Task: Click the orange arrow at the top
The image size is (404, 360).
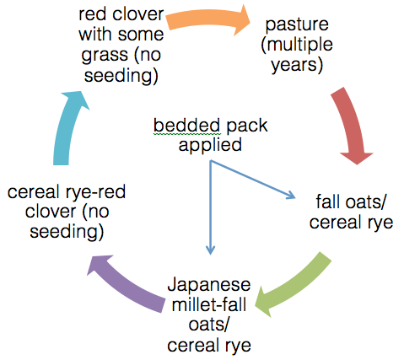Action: tap(208, 20)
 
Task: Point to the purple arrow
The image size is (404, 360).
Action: tap(127, 284)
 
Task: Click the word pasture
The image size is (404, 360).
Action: tap(297, 24)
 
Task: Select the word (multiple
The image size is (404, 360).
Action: tap(297, 45)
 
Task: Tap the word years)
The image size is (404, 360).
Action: tap(297, 65)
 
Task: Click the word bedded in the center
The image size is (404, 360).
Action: tap(186, 126)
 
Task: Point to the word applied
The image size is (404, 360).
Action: tap(210, 146)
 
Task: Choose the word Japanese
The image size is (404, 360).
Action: tap(209, 285)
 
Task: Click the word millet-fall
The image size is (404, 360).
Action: tap(209, 304)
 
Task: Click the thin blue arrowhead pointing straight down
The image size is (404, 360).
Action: tap(210, 250)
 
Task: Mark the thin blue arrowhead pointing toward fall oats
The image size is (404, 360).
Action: tap(290, 195)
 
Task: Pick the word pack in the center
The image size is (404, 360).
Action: tap(247, 126)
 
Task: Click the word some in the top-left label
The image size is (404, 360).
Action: tap(141, 35)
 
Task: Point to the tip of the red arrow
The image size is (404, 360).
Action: tap(358, 164)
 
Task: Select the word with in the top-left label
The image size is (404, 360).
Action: tap(97, 35)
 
